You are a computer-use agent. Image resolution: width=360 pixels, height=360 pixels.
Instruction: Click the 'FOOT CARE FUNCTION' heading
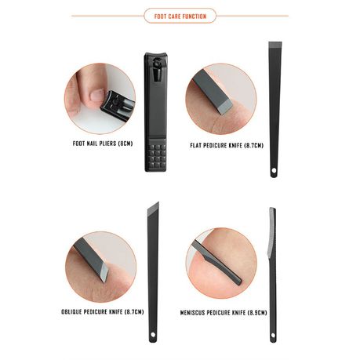[180, 16]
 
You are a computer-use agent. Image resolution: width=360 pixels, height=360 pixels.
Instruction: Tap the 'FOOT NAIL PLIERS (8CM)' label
[103, 144]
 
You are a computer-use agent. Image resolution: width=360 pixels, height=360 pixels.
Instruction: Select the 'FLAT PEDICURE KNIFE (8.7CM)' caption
[227, 145]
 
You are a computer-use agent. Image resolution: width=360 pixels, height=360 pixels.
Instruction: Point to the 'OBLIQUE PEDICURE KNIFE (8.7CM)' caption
[103, 311]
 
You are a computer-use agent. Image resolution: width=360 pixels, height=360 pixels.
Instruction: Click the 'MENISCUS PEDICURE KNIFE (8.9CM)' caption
[224, 312]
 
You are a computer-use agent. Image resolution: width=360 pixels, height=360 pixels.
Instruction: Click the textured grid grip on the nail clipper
[156, 156]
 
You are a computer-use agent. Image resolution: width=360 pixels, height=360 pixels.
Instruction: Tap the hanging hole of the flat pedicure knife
[274, 171]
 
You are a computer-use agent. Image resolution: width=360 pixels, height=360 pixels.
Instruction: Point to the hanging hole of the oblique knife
[153, 335]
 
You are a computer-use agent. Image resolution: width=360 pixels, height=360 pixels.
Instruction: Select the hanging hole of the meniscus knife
[273, 335]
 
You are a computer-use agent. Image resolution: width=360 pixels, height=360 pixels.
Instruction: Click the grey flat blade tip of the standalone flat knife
[275, 45]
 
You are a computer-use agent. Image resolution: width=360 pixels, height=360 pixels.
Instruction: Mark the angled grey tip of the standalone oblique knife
[154, 209]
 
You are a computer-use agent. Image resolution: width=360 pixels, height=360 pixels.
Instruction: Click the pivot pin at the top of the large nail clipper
[156, 63]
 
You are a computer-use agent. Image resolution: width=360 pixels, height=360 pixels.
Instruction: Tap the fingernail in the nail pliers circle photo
[97, 95]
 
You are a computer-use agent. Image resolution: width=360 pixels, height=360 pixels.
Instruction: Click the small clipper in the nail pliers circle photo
[118, 105]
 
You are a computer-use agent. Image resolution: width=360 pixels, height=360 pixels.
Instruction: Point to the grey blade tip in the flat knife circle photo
[225, 107]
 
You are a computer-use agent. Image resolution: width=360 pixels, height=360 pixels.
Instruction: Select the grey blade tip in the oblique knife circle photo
[104, 273]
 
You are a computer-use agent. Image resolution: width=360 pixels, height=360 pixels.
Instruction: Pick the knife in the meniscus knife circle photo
[216, 263]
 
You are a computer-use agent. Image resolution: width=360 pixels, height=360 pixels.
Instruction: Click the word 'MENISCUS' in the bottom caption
[192, 312]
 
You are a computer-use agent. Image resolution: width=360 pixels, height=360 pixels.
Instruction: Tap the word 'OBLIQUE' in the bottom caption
[71, 311]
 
